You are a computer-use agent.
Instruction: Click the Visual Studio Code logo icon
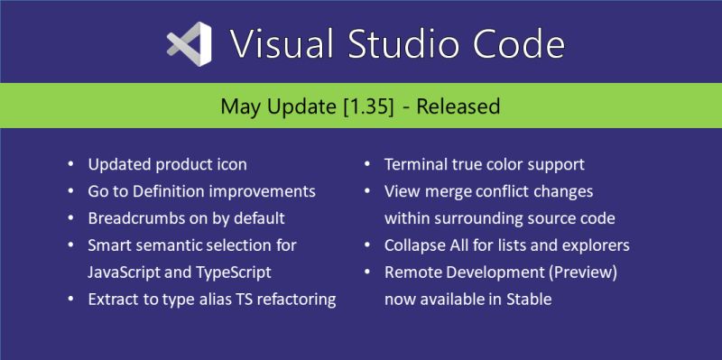click(x=189, y=42)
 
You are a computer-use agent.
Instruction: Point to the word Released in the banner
click(x=456, y=107)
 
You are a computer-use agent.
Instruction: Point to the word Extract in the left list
click(x=114, y=299)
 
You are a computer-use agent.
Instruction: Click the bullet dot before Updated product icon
click(x=71, y=165)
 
